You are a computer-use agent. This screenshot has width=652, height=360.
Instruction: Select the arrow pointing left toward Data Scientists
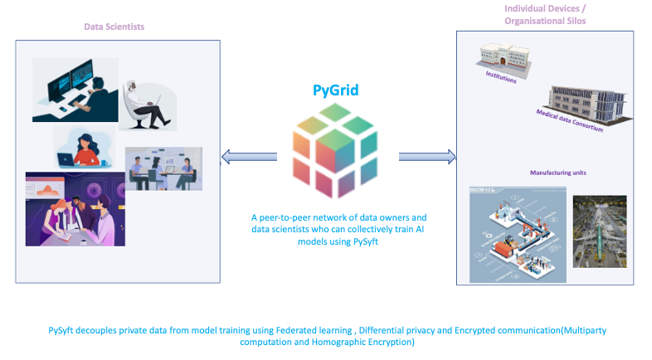pyautogui.click(x=249, y=156)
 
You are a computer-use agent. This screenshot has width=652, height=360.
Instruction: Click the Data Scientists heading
pyautogui.click(x=114, y=27)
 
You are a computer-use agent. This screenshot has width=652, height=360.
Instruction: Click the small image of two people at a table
pyautogui.click(x=163, y=169)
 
